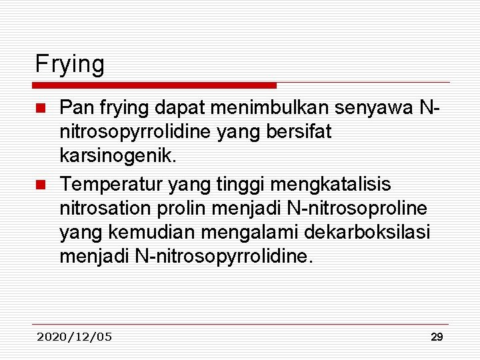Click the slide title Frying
pos(70,65)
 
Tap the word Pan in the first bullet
pos(75,107)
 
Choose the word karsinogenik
pos(119,157)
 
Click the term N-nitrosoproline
pos(357,207)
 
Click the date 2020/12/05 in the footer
pos(75,337)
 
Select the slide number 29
pos(437,337)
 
